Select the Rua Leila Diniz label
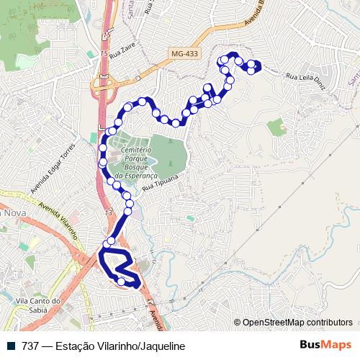click(x=307, y=80)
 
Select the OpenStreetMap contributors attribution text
click(x=297, y=323)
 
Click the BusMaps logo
click(x=325, y=345)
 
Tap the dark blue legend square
click(x=12, y=346)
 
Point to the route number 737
click(x=30, y=346)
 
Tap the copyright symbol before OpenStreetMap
click(x=237, y=323)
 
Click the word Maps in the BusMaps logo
click(x=338, y=345)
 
